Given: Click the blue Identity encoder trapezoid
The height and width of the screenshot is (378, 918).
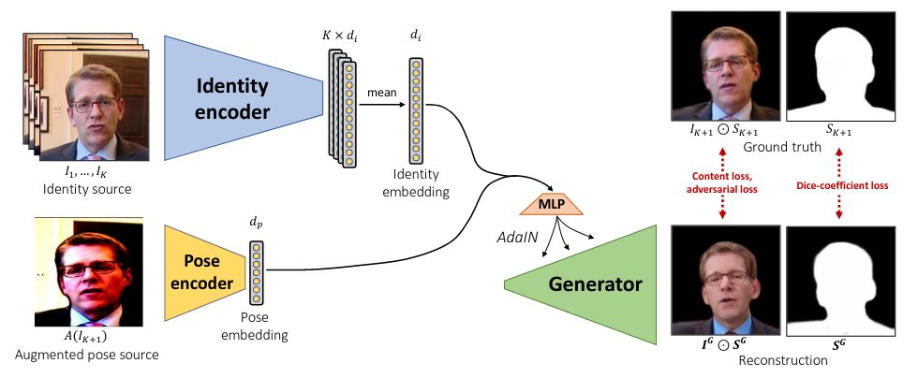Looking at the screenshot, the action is (x=243, y=97).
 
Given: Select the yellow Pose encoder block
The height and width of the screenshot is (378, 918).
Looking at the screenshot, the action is (x=205, y=272).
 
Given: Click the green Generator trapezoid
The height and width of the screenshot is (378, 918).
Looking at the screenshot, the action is (x=581, y=284).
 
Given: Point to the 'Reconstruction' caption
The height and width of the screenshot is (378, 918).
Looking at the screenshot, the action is (x=783, y=360).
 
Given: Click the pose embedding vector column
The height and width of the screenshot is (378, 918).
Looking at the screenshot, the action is (x=255, y=272).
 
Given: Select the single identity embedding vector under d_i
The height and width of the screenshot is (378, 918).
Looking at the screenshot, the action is (x=415, y=110).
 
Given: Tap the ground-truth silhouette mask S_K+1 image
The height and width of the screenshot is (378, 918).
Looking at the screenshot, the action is (x=840, y=66).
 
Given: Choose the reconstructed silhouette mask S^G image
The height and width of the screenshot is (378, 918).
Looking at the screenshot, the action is (x=840, y=281).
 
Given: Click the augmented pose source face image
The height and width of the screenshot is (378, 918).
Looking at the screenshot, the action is (x=89, y=272).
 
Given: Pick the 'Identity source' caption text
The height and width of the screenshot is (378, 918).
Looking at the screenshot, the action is (x=88, y=189).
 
